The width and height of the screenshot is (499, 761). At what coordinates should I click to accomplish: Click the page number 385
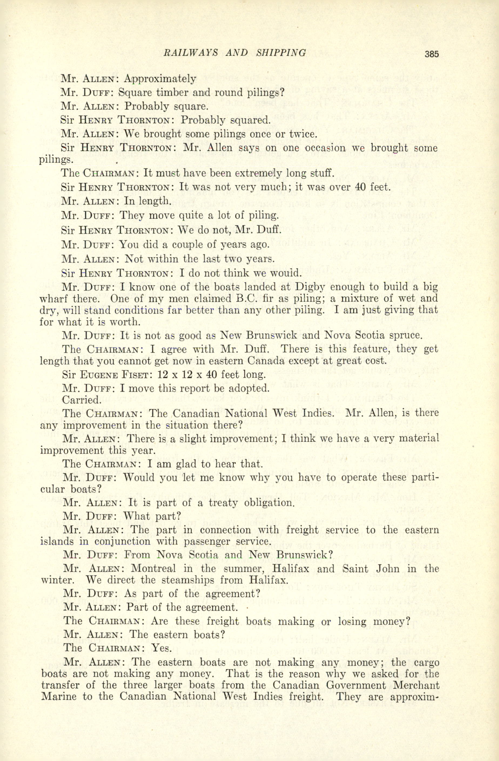(x=431, y=54)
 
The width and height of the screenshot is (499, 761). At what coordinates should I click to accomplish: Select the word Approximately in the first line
(x=160, y=79)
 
